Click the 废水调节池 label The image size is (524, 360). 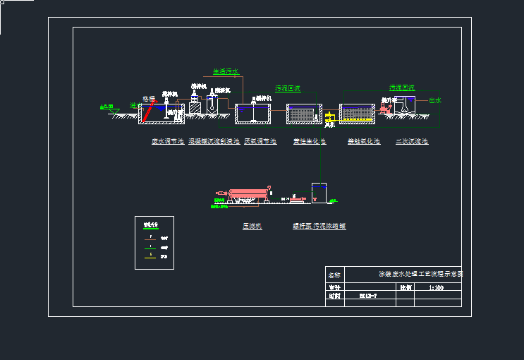tap(167, 142)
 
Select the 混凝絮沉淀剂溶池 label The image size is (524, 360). tap(214, 142)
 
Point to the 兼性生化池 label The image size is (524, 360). tap(309, 142)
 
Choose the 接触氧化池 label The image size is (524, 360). tap(364, 142)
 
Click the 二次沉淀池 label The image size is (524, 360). tap(413, 142)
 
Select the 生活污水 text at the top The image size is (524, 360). tap(226, 71)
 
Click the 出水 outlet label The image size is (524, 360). tap(436, 101)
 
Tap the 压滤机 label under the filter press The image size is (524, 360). tap(252, 227)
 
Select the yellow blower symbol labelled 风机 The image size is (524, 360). tap(329, 116)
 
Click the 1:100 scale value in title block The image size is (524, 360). tap(437, 288)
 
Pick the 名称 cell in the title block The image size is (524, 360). tap(334, 275)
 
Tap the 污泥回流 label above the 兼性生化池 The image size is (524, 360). tap(287, 89)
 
